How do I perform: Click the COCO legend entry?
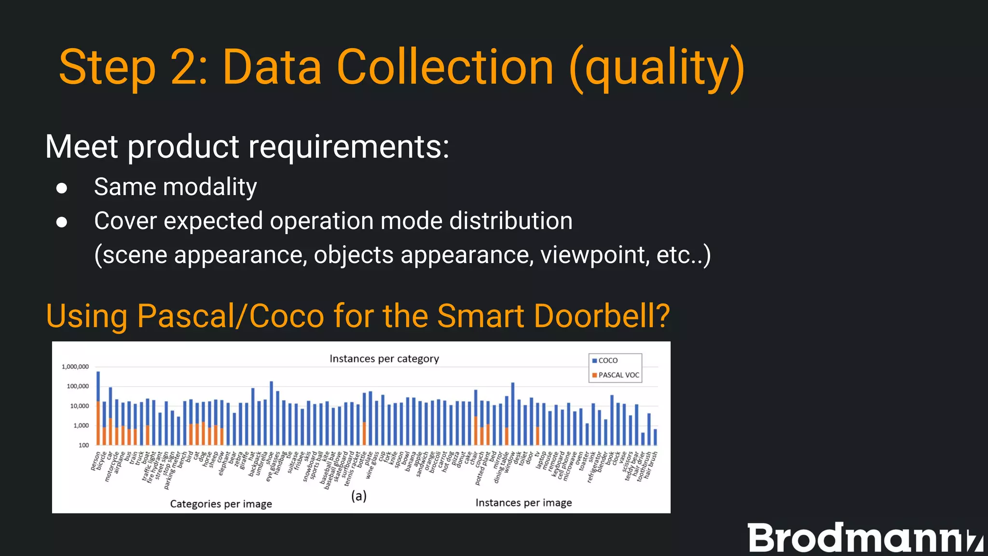[x=607, y=361]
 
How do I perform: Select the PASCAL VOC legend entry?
[x=617, y=375]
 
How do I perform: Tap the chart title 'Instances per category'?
[x=384, y=359]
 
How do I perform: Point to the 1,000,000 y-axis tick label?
[x=75, y=367]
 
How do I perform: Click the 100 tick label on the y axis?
[x=83, y=445]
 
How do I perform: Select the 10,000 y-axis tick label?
[x=80, y=406]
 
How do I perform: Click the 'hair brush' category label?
[x=651, y=464]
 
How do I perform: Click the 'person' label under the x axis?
[x=96, y=461]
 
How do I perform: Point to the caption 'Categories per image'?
[x=221, y=504]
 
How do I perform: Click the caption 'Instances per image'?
[x=523, y=503]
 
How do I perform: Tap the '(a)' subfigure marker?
[x=358, y=496]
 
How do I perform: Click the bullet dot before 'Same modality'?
[x=61, y=188]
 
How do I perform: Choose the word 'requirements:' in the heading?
[x=348, y=147]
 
